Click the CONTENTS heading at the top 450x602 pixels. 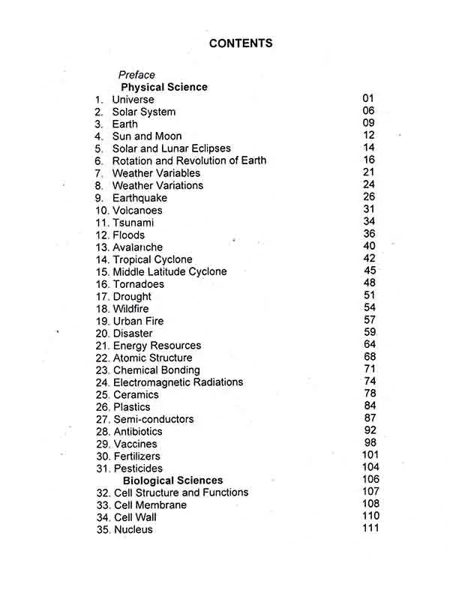[x=241, y=43]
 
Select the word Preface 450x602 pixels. [x=136, y=75]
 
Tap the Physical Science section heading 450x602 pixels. [x=164, y=87]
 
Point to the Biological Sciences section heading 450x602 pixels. [x=173, y=481]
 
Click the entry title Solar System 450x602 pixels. [x=144, y=112]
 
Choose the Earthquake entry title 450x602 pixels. [x=139, y=198]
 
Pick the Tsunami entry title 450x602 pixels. [x=133, y=223]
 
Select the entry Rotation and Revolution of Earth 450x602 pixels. [x=189, y=160]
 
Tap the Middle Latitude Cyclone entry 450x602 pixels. [x=169, y=271]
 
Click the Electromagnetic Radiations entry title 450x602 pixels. [x=178, y=382]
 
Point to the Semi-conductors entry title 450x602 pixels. [x=153, y=419]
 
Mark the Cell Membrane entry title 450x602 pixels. [x=150, y=505]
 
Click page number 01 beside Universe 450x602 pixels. [x=367, y=98]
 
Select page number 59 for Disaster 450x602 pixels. [x=370, y=332]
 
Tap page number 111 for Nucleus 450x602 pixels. [x=370, y=529]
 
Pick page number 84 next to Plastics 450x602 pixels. [x=370, y=406]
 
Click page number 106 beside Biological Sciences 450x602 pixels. [x=370, y=479]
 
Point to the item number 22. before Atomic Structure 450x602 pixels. [x=103, y=358]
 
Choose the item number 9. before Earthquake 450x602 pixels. [x=99, y=198]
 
